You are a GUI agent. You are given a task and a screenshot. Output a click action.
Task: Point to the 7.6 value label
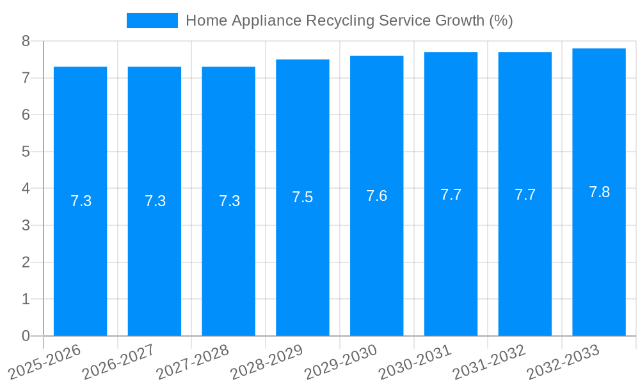click(376, 196)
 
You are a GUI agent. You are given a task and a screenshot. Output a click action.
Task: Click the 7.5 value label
click(303, 197)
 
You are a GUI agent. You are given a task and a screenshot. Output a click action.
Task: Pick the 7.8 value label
click(599, 192)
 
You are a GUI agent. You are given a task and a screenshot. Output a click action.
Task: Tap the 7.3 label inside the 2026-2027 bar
click(155, 201)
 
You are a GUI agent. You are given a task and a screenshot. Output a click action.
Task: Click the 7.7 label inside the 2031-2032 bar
click(525, 195)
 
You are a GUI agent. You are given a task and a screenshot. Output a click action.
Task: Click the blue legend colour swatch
click(152, 20)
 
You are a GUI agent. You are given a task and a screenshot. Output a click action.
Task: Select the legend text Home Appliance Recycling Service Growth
click(349, 20)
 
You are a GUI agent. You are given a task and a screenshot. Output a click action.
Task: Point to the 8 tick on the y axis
click(26, 41)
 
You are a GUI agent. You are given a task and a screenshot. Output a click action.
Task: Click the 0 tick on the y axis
click(26, 336)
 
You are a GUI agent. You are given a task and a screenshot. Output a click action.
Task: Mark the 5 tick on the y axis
click(26, 152)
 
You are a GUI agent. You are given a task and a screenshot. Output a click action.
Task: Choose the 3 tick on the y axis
click(26, 225)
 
